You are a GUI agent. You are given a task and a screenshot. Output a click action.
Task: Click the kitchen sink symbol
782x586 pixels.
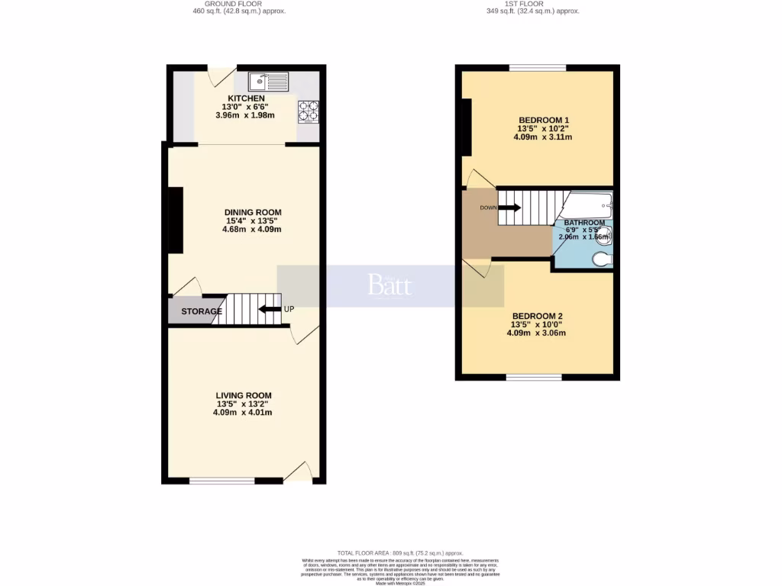coord(268,79)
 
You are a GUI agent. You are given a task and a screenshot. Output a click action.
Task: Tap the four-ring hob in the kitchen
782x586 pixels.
coord(308,111)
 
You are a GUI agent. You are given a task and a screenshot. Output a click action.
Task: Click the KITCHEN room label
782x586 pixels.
coord(244,98)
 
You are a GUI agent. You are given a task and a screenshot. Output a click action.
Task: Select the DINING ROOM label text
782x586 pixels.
coord(253,212)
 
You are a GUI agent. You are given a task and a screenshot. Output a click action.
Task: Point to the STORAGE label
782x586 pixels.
coord(202,311)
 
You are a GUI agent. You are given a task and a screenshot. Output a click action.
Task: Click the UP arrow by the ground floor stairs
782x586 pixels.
coord(270,310)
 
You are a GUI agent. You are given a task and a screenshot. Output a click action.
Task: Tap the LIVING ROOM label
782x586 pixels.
coord(243,395)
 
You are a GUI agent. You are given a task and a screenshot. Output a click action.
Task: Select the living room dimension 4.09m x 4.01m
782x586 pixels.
coord(243,413)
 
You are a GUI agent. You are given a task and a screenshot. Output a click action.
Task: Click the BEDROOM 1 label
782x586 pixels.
coord(544,121)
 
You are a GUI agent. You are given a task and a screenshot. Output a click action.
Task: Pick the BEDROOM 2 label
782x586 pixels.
coord(538,316)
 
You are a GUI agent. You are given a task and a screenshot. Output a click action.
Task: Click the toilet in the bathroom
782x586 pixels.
coord(603,259)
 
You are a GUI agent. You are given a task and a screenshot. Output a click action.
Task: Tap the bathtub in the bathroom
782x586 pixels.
coord(588,204)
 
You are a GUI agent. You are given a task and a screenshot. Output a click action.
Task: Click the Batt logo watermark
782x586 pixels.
coord(389,285)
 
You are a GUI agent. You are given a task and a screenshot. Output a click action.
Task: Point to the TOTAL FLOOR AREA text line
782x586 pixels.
coord(390,552)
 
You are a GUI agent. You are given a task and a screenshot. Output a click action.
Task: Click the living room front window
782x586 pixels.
coord(222,481)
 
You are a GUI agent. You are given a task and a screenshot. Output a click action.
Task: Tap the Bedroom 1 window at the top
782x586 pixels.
coord(538,69)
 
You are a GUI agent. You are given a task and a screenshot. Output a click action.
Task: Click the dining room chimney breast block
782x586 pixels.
coord(176,220)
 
